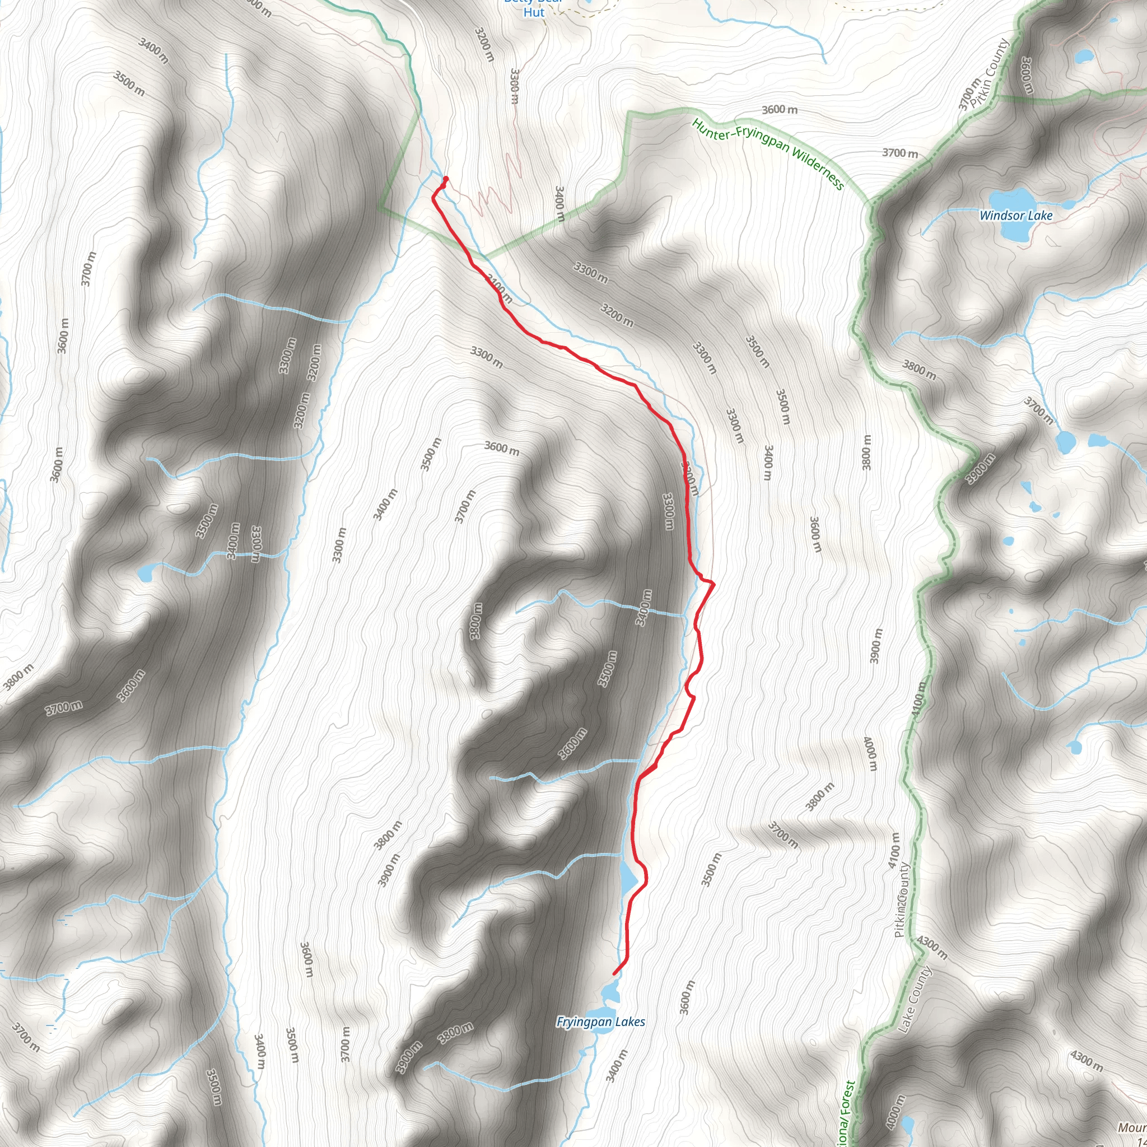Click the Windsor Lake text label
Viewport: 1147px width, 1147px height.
point(1016,216)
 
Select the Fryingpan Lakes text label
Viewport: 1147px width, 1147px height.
point(600,1022)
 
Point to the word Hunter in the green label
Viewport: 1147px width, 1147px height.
point(711,130)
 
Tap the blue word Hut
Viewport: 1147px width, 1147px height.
point(534,12)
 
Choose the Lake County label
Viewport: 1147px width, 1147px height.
point(915,999)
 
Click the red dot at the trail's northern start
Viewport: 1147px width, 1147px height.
point(446,179)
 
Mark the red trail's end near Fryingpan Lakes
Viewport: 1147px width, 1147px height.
point(614,973)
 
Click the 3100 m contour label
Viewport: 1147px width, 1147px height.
point(498,288)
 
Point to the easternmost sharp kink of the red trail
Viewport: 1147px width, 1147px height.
point(714,584)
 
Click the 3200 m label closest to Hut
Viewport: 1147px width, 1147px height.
point(484,45)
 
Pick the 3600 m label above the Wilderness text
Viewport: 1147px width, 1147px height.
point(780,109)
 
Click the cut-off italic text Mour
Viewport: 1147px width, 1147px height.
point(1131,1127)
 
